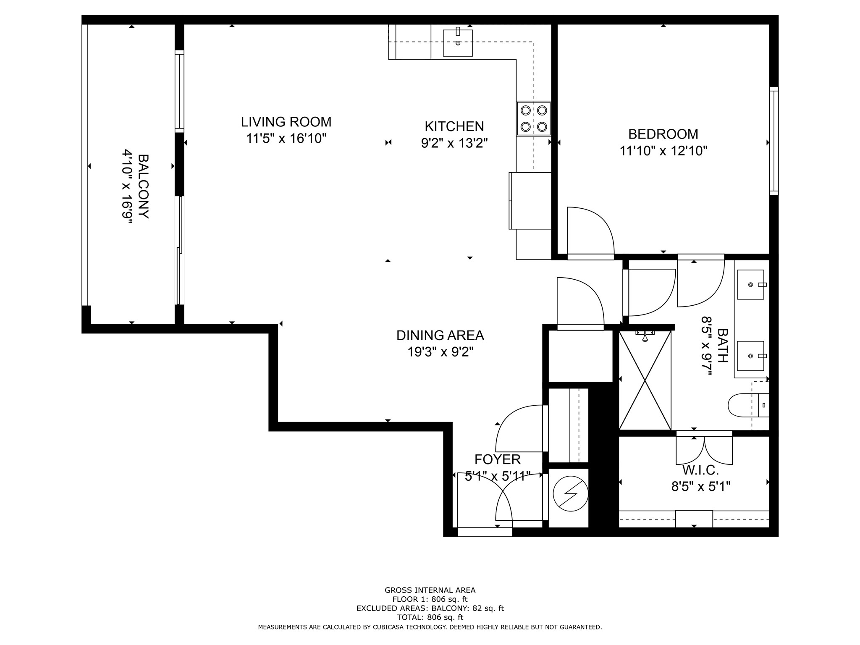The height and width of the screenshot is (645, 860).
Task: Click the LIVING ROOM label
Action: [286, 122]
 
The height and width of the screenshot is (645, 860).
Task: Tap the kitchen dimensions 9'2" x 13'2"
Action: [454, 143]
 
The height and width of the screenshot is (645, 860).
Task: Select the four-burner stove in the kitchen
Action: [533, 118]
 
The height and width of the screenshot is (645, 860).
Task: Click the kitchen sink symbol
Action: [458, 43]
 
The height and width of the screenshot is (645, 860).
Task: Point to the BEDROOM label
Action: [663, 134]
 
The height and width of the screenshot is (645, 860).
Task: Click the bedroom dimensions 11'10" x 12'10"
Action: [663, 151]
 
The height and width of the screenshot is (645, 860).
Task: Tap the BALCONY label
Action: [143, 186]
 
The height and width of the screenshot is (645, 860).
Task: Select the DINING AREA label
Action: [440, 336]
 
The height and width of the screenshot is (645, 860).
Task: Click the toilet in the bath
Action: [747, 405]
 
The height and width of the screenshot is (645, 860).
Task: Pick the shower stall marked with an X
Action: [645, 380]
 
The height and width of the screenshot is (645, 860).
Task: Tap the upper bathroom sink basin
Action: [750, 285]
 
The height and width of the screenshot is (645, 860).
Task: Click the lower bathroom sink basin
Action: [750, 356]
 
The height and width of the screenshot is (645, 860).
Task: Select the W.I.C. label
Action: [700, 470]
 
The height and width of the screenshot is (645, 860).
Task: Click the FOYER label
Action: [497, 459]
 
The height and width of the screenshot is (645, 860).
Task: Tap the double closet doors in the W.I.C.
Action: [704, 451]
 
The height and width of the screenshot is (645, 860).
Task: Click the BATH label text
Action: [722, 345]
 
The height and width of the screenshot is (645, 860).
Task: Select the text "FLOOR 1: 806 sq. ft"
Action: [430, 599]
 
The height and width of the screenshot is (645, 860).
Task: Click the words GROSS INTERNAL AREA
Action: [430, 590]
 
